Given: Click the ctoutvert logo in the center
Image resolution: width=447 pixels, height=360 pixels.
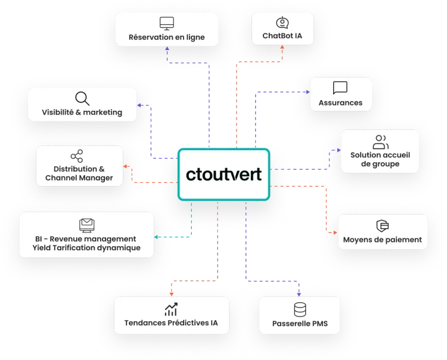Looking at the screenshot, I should [x=224, y=175].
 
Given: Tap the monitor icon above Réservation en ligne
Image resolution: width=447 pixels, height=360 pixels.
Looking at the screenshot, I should [x=166, y=24].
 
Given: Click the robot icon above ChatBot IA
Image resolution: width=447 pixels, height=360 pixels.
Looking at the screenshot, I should [x=283, y=23].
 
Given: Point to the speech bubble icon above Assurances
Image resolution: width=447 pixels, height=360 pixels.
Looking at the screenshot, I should [x=340, y=89].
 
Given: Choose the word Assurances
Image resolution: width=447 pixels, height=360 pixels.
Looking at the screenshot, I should [x=340, y=103].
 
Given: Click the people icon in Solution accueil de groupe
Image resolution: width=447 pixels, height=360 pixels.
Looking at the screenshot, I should [x=380, y=142].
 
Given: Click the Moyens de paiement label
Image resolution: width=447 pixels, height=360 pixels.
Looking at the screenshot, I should [x=382, y=240].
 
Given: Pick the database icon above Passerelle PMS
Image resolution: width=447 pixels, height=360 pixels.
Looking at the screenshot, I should [x=300, y=310].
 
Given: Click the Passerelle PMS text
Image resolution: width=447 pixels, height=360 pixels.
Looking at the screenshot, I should [x=300, y=325].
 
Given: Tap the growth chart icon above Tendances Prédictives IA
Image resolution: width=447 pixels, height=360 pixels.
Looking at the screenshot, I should [x=171, y=309].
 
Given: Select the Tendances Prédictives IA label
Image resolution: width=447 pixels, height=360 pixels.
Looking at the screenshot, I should [x=171, y=324].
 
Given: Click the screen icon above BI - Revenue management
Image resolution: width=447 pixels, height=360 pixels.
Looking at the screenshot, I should [x=87, y=225].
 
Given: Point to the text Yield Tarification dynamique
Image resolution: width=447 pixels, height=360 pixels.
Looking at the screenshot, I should [x=87, y=247].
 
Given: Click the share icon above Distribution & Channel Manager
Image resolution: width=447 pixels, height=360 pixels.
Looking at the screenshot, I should [x=76, y=157].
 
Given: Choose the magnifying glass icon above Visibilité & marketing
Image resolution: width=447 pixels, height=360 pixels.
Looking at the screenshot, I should [x=82, y=98].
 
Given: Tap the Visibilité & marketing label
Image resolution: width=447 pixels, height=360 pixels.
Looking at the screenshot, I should [x=82, y=112].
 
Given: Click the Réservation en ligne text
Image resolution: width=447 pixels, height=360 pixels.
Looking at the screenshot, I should [x=166, y=38].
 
